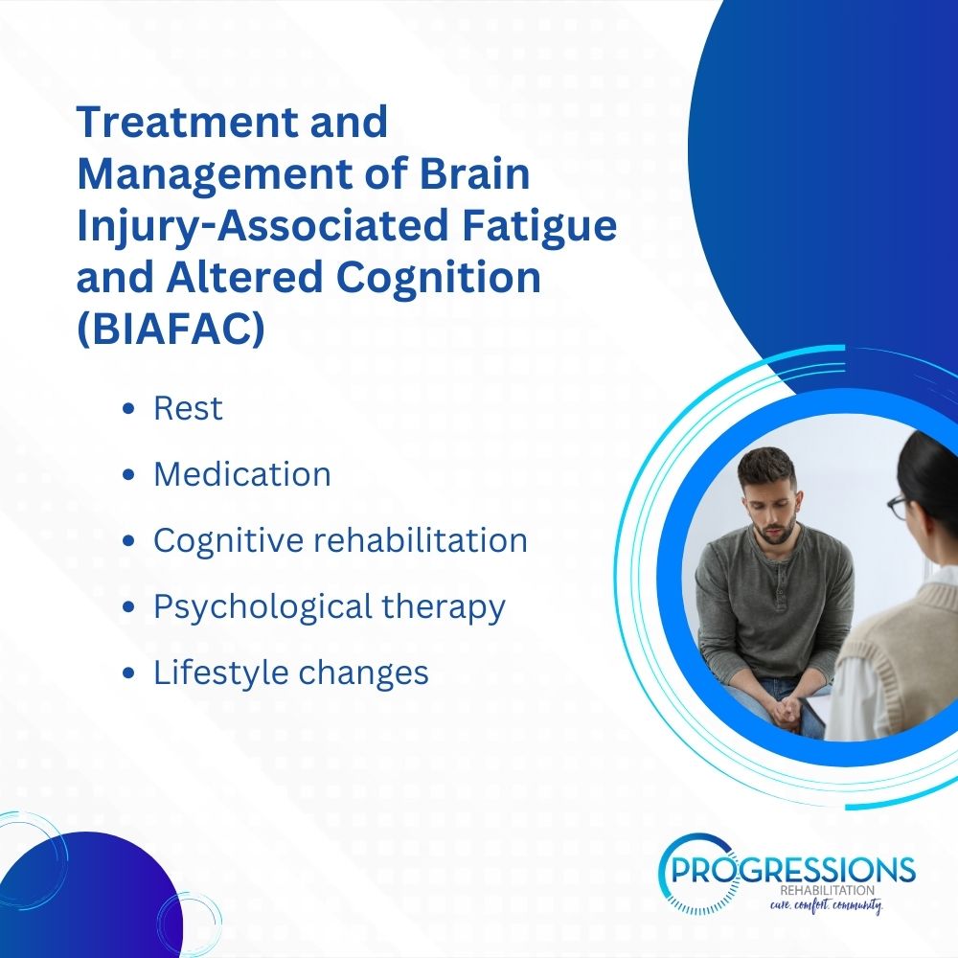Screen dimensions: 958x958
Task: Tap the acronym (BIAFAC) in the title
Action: pyautogui.click(x=171, y=329)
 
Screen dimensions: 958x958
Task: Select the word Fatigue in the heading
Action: pyautogui.click(x=538, y=225)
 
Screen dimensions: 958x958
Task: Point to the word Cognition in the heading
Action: pyautogui.click(x=438, y=277)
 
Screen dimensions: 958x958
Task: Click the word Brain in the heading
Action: pyautogui.click(x=474, y=173)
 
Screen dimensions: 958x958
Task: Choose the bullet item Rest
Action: pyautogui.click(x=188, y=408)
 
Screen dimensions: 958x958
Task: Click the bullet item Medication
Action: pyautogui.click(x=242, y=474)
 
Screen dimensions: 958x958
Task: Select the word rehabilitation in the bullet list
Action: pyautogui.click(x=421, y=540)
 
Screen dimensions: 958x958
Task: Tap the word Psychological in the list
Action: pyautogui.click(x=262, y=607)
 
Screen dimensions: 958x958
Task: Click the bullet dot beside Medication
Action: pyautogui.click(x=128, y=475)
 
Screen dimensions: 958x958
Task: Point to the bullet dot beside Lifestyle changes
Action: pyautogui.click(x=128, y=673)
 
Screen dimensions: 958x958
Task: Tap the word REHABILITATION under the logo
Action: pyautogui.click(x=827, y=891)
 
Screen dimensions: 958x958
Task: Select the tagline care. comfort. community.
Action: pyautogui.click(x=826, y=905)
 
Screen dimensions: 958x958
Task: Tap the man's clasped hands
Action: pyautogui.click(x=786, y=709)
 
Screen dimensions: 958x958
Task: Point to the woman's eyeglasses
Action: pyautogui.click(x=897, y=507)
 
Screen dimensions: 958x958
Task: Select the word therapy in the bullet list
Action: pyautogui.click(x=444, y=607)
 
